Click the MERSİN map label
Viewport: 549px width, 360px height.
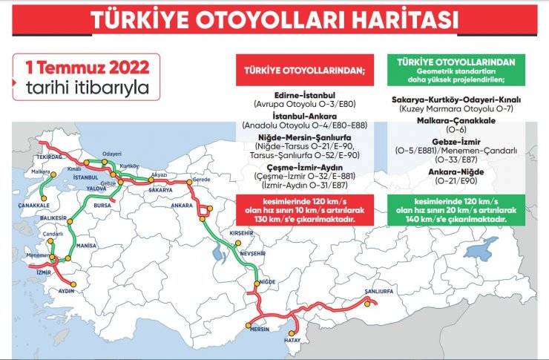point(259,327)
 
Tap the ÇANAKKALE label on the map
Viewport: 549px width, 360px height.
point(33,205)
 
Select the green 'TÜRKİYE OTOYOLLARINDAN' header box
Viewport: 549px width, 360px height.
point(456,69)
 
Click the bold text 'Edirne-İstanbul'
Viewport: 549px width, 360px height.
point(306,96)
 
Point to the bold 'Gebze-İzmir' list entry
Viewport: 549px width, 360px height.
point(456,140)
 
